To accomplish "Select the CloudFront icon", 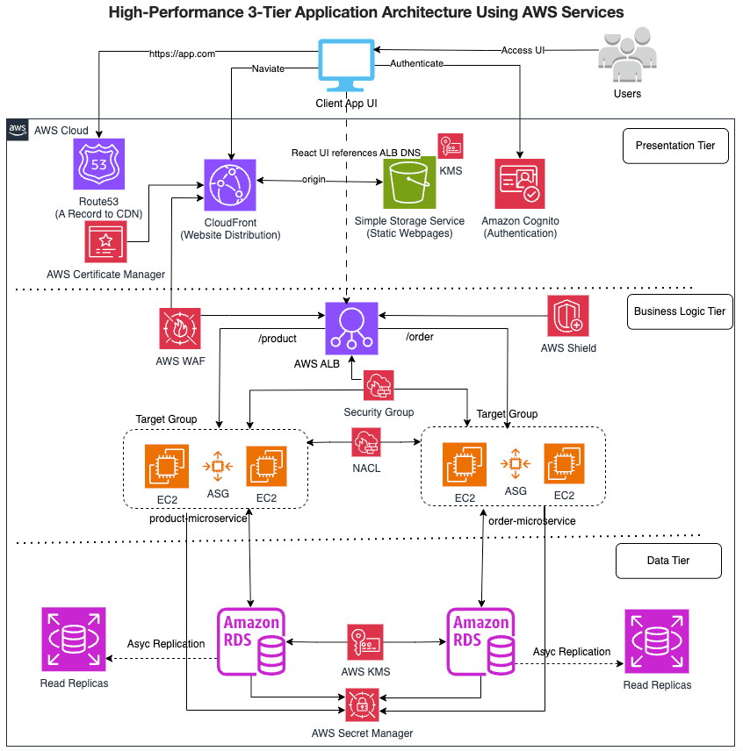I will click(230, 185).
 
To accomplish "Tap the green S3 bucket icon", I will click(408, 183).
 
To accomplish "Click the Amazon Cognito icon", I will click(520, 184).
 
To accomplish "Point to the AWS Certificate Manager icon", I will click(106, 241).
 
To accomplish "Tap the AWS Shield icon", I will click(568, 316).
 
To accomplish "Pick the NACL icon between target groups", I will click(364, 442).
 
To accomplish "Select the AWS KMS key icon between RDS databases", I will click(364, 642).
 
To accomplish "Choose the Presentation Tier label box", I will click(675, 146).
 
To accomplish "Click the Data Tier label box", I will click(668, 561).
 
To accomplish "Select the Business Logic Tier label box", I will click(682, 311).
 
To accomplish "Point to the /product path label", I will click(278, 339).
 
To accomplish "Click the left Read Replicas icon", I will click(74, 640).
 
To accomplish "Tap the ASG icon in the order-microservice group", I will click(516, 464).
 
